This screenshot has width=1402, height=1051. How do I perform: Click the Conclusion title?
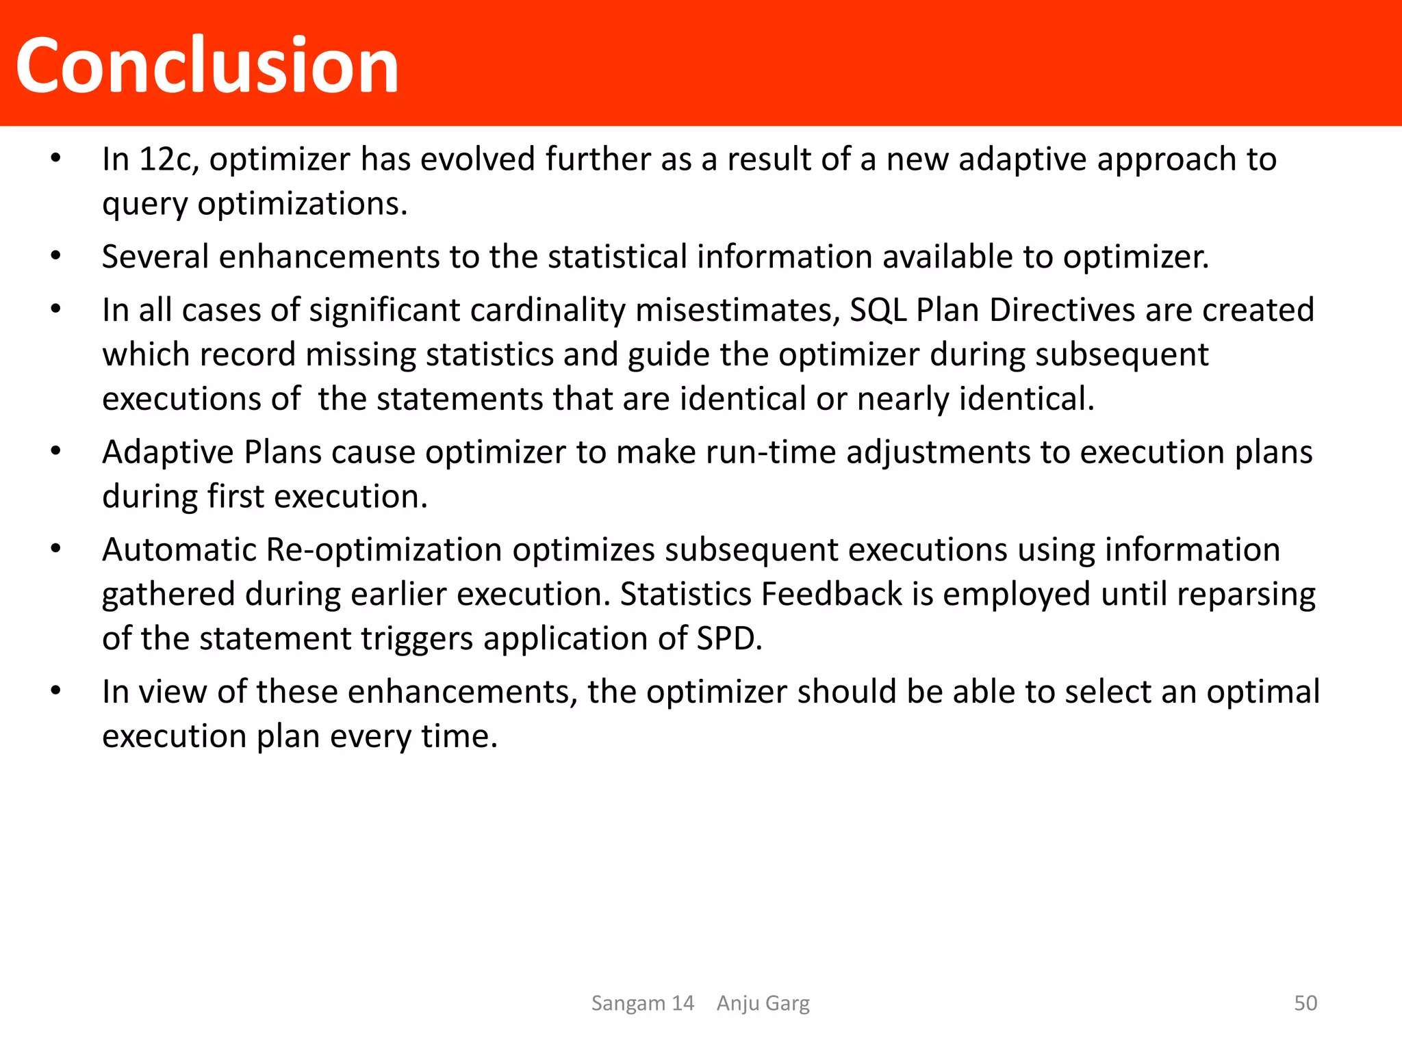(207, 66)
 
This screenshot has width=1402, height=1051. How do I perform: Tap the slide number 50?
(1305, 1003)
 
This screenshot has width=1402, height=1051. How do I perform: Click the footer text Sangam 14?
(642, 1003)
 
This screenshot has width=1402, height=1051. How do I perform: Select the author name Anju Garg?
(763, 1003)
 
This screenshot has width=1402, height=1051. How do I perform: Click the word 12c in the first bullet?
(168, 159)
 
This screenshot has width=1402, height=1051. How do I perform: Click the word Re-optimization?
(384, 550)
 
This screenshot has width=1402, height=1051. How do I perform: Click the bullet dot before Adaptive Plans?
(56, 452)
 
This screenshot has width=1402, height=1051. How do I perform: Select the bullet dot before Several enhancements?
(56, 257)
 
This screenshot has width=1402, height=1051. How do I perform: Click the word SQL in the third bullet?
(878, 311)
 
